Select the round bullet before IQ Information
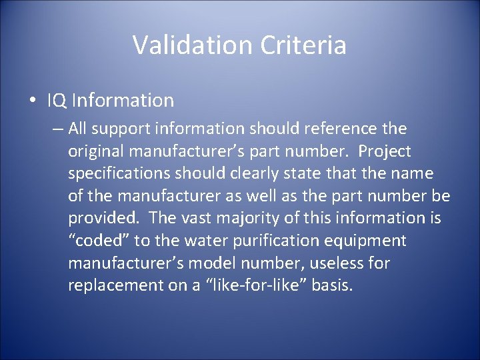click(33, 101)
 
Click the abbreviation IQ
click(56, 101)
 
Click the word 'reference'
click(344, 127)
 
